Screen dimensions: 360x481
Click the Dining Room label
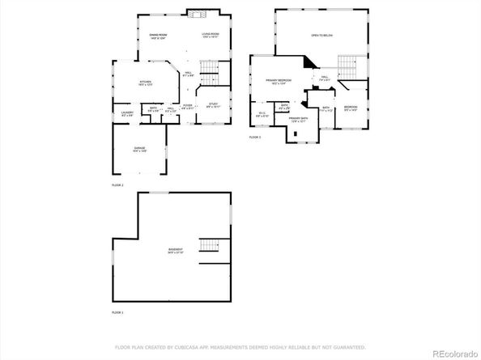point(158,35)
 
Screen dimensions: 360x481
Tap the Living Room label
point(211,35)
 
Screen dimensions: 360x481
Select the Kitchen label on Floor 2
point(145,83)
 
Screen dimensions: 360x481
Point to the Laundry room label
point(127,113)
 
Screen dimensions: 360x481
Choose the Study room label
point(213,104)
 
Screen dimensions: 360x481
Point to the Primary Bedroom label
point(278,81)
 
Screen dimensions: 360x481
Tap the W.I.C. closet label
point(262,113)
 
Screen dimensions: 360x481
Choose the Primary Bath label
point(298,120)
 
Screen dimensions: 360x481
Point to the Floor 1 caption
point(117,311)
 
